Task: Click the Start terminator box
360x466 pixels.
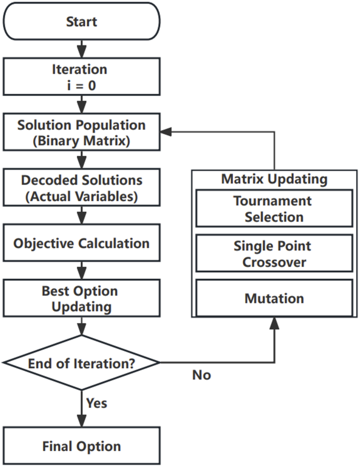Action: pos(81,22)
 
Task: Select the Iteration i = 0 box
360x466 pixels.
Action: pos(81,77)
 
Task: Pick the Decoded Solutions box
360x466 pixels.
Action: pos(81,188)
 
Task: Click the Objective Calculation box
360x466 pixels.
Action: pos(81,244)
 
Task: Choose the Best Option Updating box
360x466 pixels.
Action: pos(81,298)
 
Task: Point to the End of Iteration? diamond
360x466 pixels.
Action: pos(81,363)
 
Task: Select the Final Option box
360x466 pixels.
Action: pos(81,447)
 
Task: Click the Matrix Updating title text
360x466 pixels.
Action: pos(274,179)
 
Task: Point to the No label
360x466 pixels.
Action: pos(201,375)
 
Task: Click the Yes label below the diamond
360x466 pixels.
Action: pos(97,403)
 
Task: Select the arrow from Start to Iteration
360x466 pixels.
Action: pos(81,49)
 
